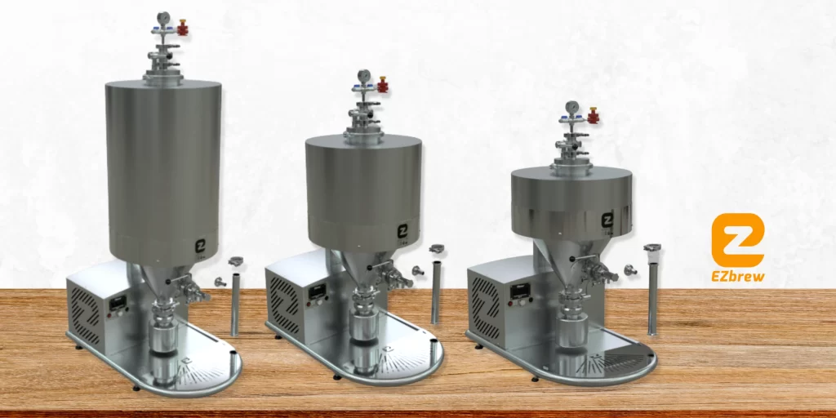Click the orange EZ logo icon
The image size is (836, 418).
[738, 240]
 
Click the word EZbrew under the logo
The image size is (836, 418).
[738, 276]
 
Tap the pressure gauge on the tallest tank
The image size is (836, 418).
[163, 18]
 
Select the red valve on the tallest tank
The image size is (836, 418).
[182, 27]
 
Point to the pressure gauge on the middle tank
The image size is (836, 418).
[364, 76]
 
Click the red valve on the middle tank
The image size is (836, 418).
[383, 85]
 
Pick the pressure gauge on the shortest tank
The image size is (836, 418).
[572, 107]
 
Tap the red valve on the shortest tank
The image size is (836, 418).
[593, 115]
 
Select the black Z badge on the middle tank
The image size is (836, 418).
[403, 231]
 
